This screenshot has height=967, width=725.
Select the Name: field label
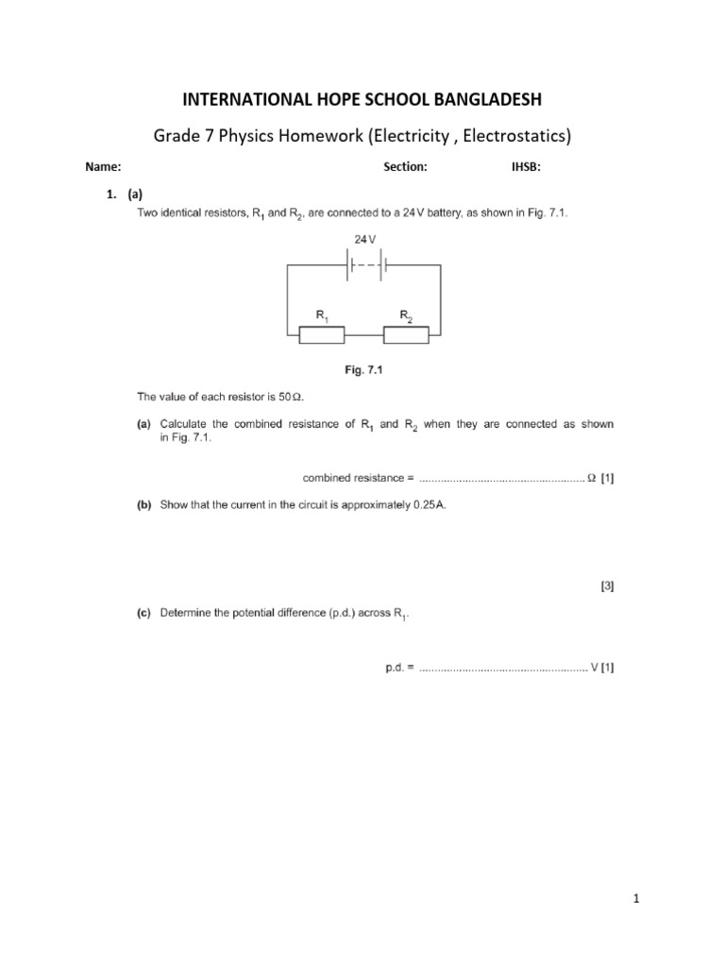point(103,167)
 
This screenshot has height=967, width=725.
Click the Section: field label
point(405,167)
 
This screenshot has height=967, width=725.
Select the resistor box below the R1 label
point(321,333)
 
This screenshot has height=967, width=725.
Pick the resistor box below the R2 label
point(406,333)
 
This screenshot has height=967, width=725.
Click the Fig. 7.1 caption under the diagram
point(363,370)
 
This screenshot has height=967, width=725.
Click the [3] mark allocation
point(607,586)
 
